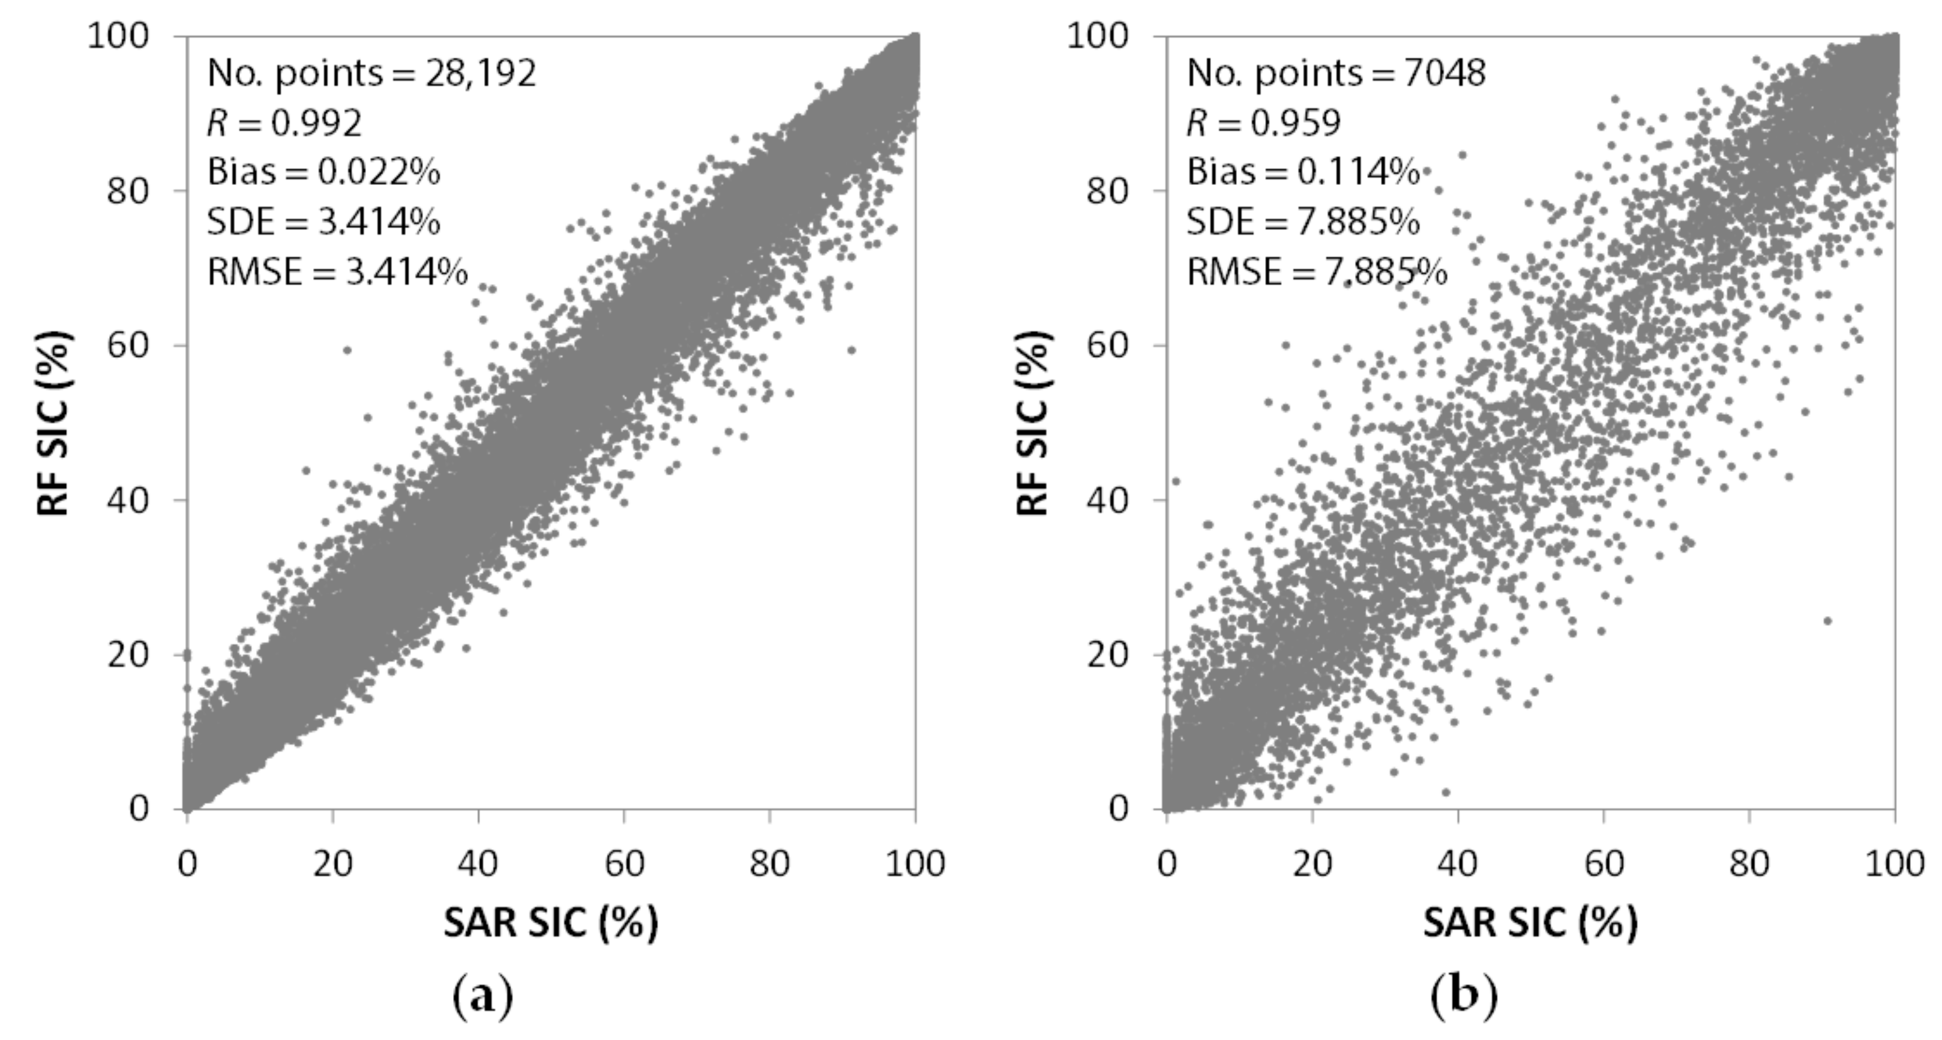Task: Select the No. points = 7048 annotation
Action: point(1336,74)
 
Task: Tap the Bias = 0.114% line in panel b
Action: point(1303,173)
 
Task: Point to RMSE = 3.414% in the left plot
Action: point(337,272)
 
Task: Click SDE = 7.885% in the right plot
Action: point(1303,223)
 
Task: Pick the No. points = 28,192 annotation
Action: point(371,74)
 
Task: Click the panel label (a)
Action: point(482,997)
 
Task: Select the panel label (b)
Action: point(1463,997)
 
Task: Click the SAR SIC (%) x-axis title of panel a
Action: point(551,922)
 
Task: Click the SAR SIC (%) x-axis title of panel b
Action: point(1530,922)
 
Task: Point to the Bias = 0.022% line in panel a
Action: point(323,173)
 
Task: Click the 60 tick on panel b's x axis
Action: point(1604,863)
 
